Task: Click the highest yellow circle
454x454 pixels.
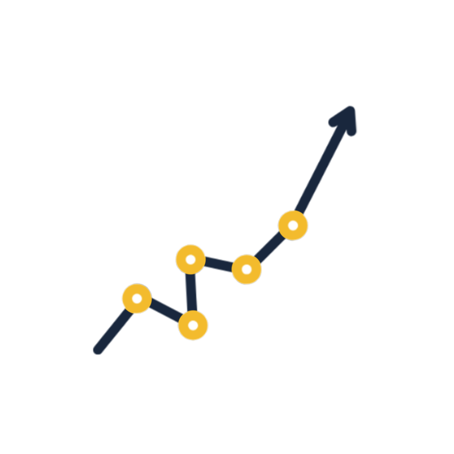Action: point(293,225)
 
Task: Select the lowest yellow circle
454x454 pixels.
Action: point(193,325)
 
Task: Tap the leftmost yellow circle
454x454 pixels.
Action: point(137,298)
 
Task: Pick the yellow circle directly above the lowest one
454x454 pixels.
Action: point(190,259)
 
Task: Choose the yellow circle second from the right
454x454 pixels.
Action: point(247,269)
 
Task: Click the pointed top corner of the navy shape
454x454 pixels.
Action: point(348,106)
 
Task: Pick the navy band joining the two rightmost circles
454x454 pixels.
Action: point(269,248)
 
